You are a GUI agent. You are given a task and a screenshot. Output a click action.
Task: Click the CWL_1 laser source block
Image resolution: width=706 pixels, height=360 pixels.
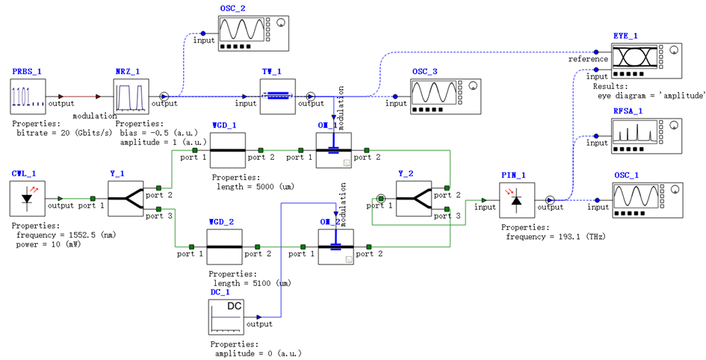tap(28, 197)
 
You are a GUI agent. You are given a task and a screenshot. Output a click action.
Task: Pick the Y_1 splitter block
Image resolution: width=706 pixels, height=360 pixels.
tap(124, 197)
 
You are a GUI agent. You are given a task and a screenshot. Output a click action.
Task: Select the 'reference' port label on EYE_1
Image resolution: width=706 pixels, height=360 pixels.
tap(587, 59)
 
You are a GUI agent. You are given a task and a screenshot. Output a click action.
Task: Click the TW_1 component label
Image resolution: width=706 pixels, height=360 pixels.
tap(270, 72)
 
